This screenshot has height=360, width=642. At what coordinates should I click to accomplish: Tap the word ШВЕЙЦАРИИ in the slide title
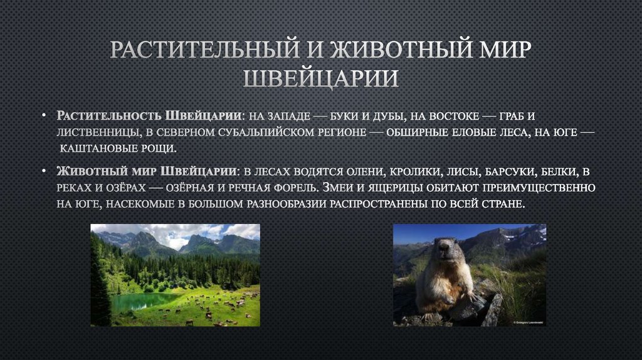(x=320, y=79)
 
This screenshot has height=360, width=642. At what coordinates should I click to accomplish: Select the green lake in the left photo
(x=135, y=302)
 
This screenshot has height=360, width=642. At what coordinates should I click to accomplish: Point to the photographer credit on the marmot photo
(x=528, y=322)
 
